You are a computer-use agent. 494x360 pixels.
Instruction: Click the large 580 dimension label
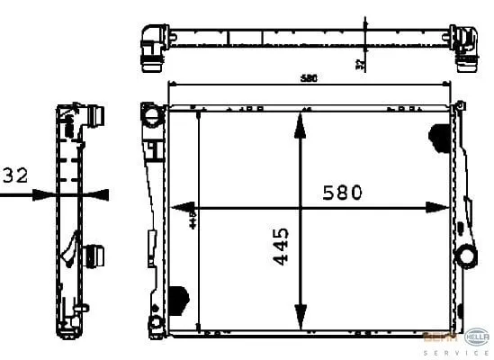342,192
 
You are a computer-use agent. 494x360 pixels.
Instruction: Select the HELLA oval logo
475,337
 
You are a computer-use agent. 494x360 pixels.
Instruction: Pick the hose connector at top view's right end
465,49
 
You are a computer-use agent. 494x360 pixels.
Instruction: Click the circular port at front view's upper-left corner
150,116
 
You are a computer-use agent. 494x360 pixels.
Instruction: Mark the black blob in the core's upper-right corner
439,137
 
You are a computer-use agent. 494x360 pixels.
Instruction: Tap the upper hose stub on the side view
97,120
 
